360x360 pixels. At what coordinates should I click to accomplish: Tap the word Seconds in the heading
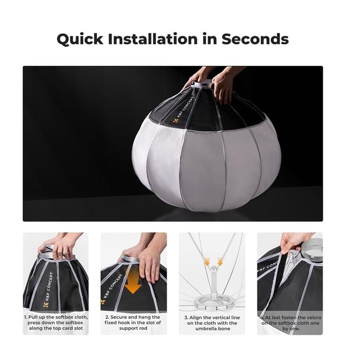click(255, 39)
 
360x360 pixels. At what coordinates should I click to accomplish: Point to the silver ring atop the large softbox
click(202, 84)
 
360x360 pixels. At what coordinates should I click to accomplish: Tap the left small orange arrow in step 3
click(207, 261)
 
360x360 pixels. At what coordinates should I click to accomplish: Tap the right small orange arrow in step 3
click(220, 261)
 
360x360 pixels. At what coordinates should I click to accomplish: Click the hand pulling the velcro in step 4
click(294, 243)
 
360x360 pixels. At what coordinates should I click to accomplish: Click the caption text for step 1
click(56, 322)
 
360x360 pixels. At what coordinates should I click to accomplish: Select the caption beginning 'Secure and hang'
click(133, 322)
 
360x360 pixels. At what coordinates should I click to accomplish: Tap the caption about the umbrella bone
click(212, 323)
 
